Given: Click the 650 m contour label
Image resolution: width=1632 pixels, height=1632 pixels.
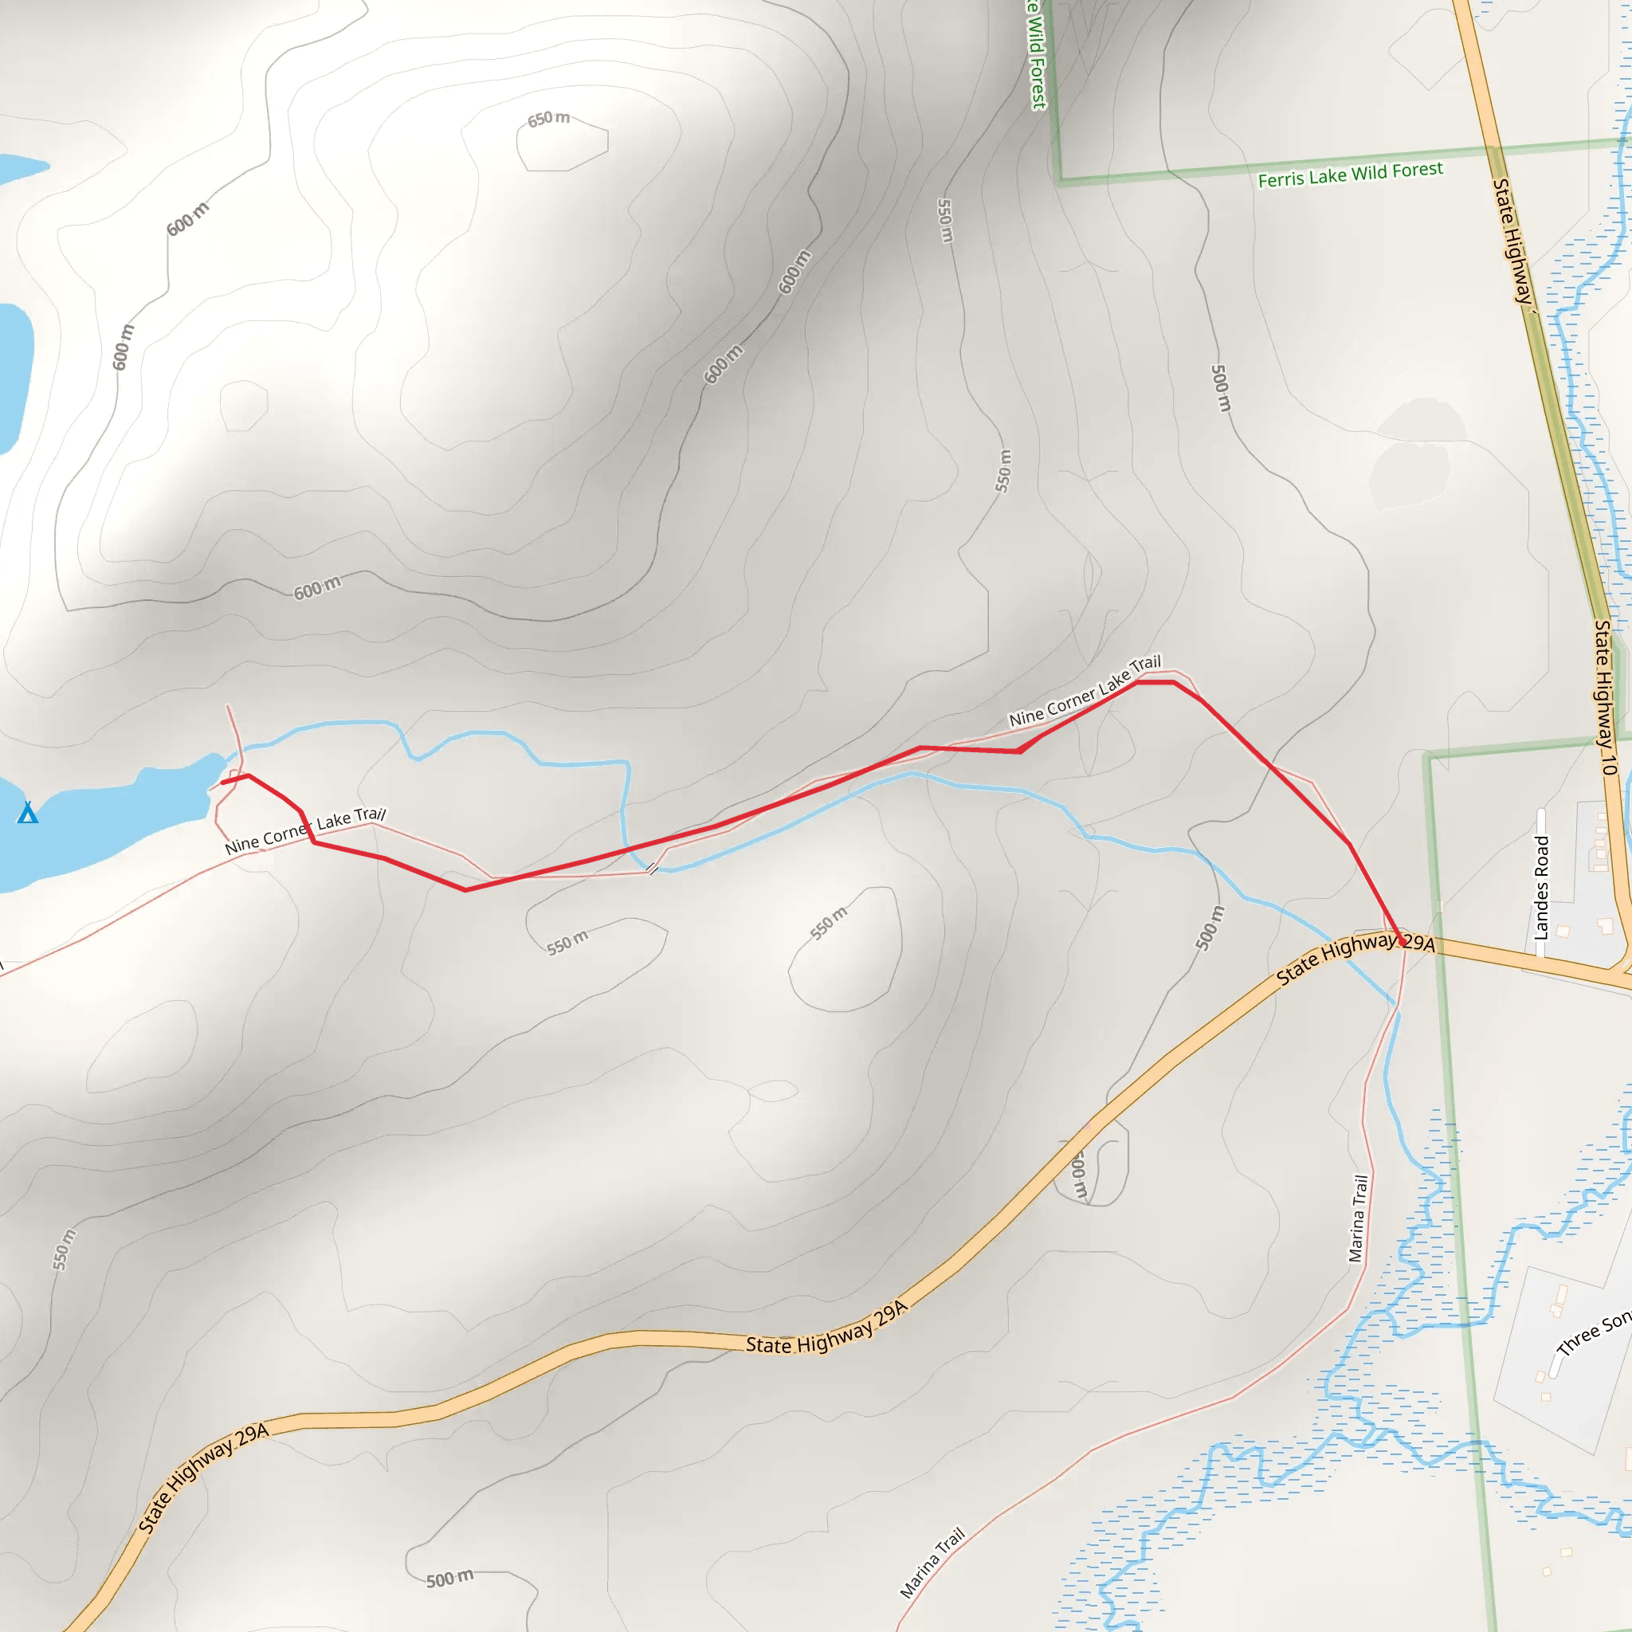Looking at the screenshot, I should pos(548,118).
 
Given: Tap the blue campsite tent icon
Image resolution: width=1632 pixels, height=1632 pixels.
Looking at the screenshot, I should pos(28,813).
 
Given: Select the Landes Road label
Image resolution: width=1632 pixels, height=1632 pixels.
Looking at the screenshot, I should pos(1542,887).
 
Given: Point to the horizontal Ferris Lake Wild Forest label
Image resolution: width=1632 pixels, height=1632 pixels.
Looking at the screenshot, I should pos(1350,175).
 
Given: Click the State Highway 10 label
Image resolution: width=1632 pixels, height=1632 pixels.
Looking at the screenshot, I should pos(1604,698).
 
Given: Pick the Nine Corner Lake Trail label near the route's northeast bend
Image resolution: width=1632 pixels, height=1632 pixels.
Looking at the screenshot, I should pos(1085,691).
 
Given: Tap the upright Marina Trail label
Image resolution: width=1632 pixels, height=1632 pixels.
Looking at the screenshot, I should pos(1357,1218).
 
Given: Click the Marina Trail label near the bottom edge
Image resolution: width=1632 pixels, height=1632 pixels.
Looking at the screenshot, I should pos(932,1563).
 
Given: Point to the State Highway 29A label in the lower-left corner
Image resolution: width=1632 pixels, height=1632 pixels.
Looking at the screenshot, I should pos(202,1477).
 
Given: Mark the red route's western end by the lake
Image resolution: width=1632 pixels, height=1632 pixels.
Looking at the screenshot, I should pos(222,783).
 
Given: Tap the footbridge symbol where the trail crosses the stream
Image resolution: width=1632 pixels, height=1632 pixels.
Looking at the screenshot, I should pos(652,869).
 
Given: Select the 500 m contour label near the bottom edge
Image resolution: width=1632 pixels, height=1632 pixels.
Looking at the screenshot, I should pos(449,1579).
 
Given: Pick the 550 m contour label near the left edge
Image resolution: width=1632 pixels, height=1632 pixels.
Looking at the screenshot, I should pos(65,1249).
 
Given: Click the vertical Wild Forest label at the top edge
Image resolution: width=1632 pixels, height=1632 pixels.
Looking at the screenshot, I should pos(1037,55).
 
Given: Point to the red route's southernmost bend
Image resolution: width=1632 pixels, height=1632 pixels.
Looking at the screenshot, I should pos(465,889).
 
